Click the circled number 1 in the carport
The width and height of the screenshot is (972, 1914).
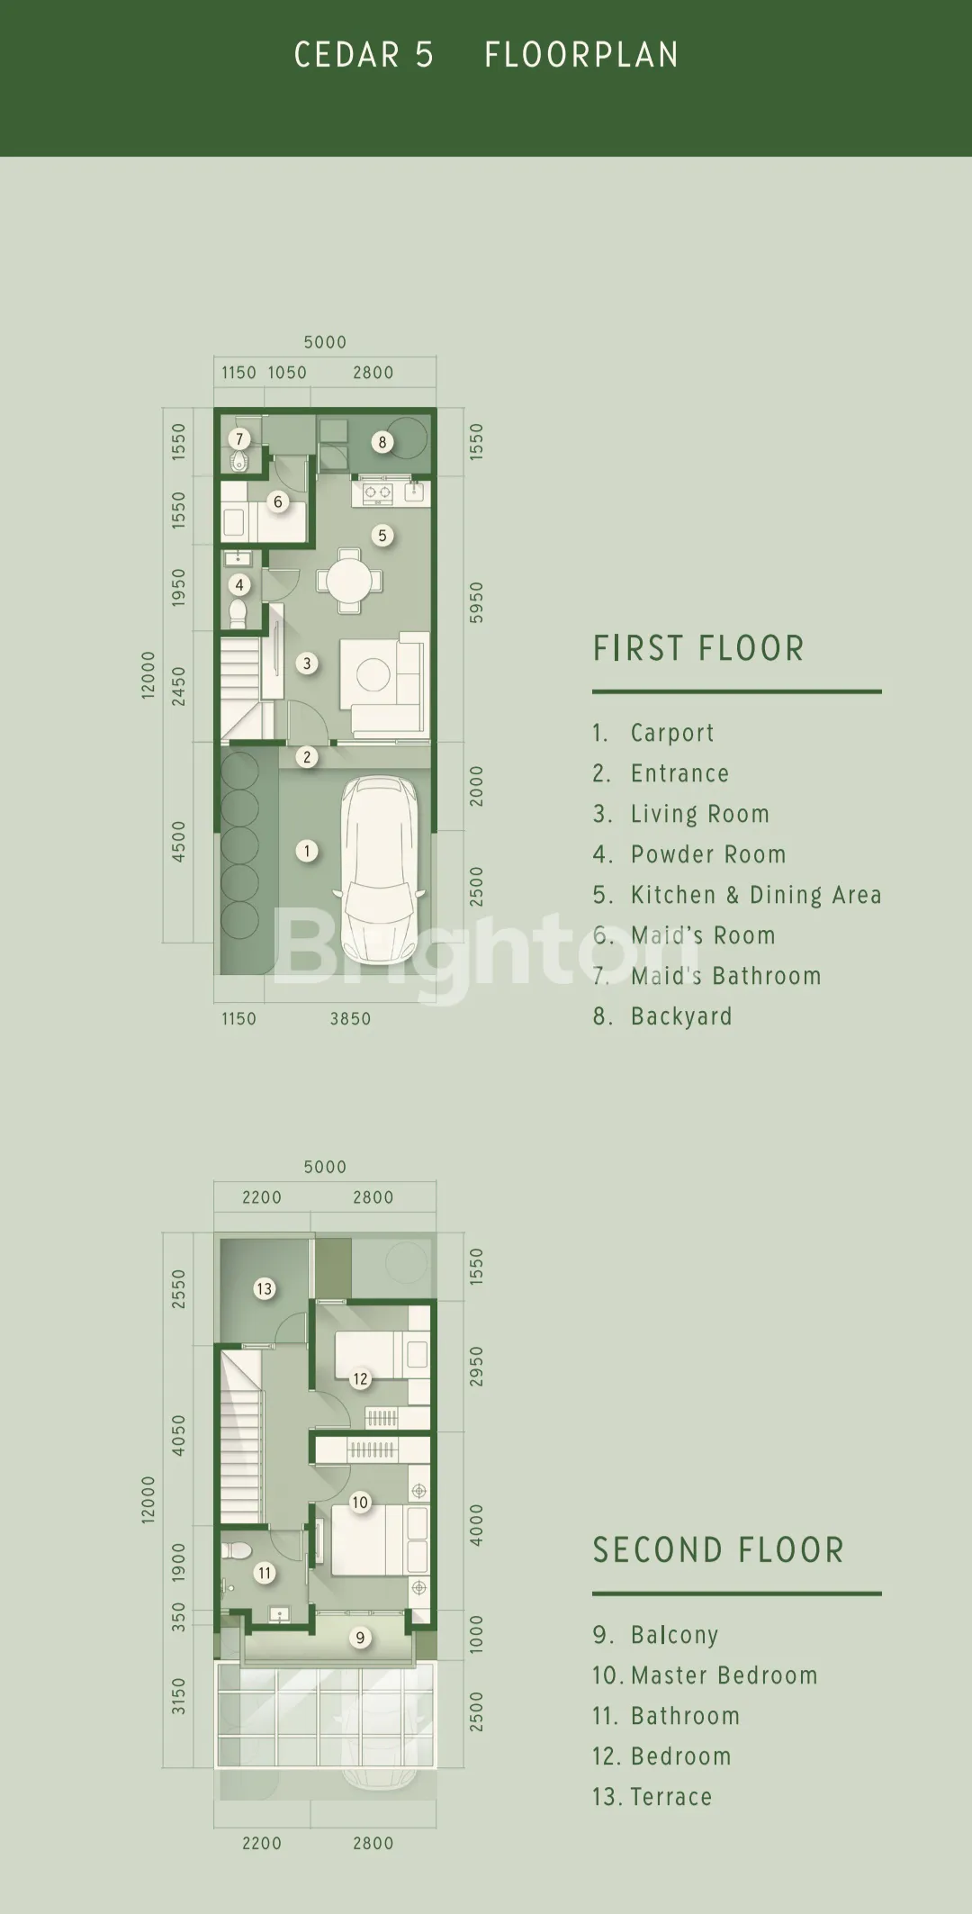coord(307,851)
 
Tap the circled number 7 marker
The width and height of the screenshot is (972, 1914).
coord(238,439)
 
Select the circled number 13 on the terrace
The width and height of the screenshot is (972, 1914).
coord(264,1288)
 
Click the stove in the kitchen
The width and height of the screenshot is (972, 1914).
coord(378,492)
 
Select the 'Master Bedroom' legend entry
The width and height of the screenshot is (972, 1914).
coord(705,1675)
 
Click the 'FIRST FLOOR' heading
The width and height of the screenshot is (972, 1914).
coord(698,648)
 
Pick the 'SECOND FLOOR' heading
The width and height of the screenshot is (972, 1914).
coord(718,1550)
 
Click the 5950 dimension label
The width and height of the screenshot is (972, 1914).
coord(476,602)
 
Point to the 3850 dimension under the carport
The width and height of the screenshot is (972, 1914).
coord(350,1019)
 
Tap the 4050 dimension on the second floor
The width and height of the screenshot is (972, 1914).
coord(178,1435)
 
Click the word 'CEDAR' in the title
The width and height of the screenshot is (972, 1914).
coord(347,56)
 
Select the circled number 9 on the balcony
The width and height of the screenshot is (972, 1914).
coord(360,1638)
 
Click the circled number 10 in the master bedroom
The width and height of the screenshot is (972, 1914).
coord(360,1502)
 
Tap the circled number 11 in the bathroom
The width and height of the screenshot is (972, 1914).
coord(264,1573)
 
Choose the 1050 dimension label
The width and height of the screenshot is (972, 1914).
coord(287,373)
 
